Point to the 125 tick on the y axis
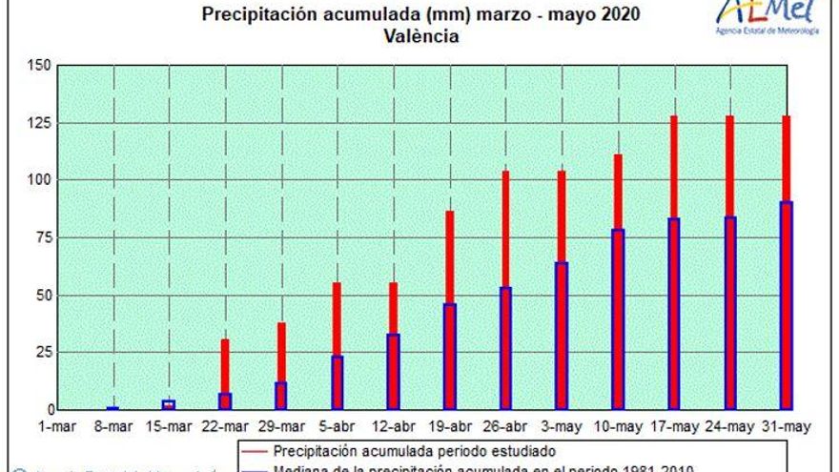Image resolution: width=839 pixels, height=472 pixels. click(39, 123)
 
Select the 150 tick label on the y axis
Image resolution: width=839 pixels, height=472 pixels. click(39, 66)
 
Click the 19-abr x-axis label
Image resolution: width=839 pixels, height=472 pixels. click(450, 427)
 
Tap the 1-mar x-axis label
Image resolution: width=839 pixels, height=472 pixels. click(58, 427)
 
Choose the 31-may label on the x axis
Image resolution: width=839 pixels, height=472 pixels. click(787, 427)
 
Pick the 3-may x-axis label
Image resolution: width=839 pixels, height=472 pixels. click(562, 427)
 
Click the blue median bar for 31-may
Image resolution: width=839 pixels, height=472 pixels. click(787, 305)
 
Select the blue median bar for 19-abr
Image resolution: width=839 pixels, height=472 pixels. click(450, 356)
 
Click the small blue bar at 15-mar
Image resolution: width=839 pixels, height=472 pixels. click(169, 404)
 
